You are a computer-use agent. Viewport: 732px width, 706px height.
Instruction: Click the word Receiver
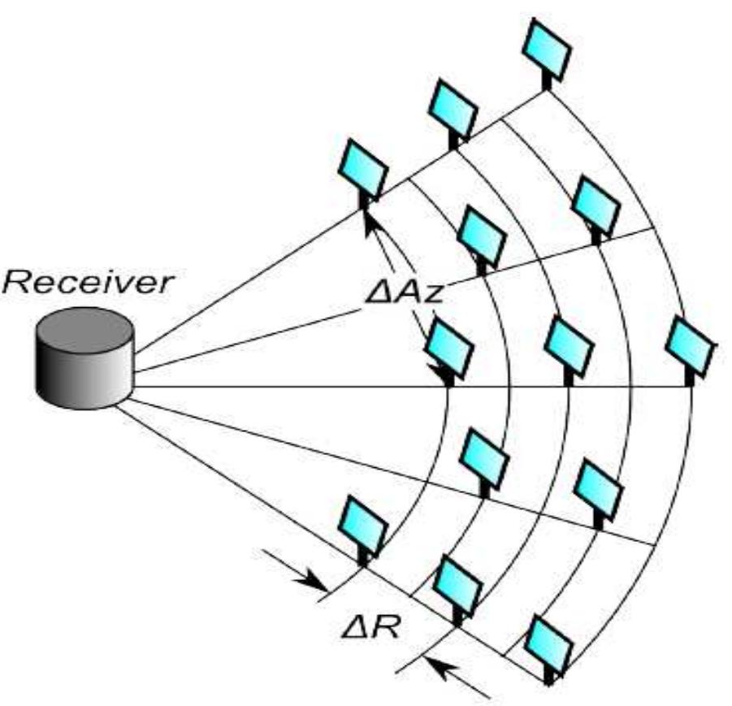pyautogui.click(x=89, y=284)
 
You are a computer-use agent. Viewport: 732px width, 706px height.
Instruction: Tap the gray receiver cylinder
pyautogui.click(x=84, y=354)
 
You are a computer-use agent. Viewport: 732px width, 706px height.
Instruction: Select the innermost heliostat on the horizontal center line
pyautogui.click(x=448, y=348)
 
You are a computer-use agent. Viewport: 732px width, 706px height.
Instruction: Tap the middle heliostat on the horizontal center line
pyautogui.click(x=569, y=346)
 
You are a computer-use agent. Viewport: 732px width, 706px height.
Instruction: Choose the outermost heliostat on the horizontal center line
pyautogui.click(x=690, y=346)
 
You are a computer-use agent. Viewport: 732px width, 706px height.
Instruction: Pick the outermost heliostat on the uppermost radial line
pyautogui.click(x=547, y=46)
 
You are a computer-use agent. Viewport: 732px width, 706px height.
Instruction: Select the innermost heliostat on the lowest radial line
pyautogui.click(x=362, y=525)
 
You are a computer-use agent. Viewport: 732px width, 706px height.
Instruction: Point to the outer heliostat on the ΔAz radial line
pyautogui.click(x=596, y=206)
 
